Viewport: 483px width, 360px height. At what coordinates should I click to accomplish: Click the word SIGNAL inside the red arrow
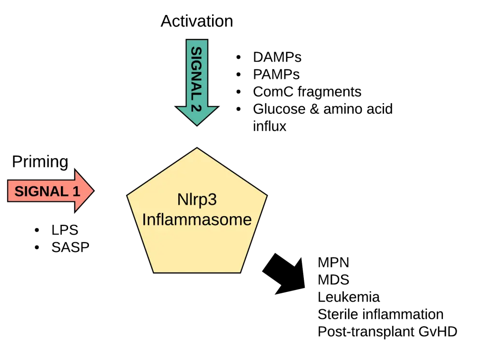41,192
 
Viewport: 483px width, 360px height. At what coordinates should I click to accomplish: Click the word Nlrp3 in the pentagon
197,200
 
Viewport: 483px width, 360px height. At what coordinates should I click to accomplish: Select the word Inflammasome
197,220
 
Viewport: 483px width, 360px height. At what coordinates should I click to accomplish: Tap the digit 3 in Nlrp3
212,200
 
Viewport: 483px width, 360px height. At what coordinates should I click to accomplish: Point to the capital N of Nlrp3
183,200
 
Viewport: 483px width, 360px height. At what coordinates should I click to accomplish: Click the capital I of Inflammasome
144,220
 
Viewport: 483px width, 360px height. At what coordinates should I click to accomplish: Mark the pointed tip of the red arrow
93,191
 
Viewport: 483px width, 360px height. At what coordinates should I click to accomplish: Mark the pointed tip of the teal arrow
197,125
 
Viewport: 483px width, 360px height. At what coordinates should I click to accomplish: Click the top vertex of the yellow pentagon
197,148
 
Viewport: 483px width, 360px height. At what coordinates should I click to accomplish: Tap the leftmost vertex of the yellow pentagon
128,195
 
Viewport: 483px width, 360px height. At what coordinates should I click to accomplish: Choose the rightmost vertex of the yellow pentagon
266,195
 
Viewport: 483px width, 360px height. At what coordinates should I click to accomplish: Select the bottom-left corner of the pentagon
154,272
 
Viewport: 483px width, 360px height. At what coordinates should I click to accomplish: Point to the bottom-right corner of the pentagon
240,272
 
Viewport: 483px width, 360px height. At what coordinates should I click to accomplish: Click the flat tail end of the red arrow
9,191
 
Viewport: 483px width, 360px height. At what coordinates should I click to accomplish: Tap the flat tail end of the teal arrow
197,41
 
